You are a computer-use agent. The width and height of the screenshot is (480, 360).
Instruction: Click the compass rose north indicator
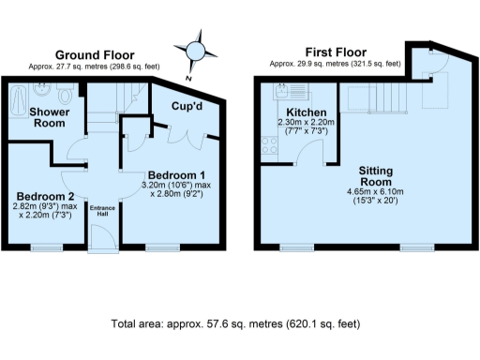tap(197, 49)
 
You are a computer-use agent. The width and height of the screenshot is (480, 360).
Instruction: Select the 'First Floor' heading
tap(335, 53)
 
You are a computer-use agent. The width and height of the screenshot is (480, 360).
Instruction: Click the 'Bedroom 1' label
tap(175, 175)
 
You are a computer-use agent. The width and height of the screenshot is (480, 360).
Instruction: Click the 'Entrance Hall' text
tap(100, 211)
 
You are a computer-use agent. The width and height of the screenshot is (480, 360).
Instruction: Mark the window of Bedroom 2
tap(43, 247)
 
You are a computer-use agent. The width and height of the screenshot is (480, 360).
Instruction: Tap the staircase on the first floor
tap(374, 97)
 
